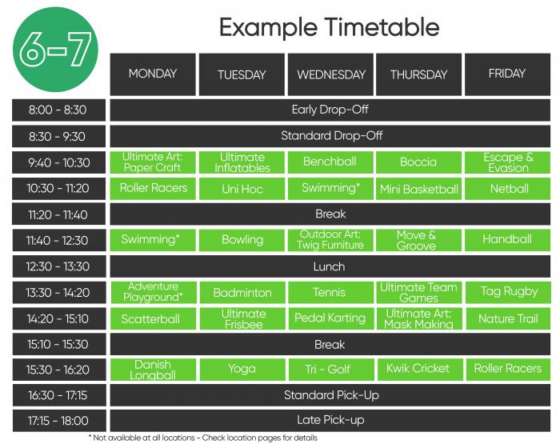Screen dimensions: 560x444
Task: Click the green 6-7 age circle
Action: click(55, 50)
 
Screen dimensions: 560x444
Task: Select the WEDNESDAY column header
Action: click(330, 74)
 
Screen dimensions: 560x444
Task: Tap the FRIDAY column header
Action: click(507, 74)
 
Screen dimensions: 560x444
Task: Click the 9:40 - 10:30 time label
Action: click(59, 162)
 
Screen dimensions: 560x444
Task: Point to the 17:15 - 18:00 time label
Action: click(59, 421)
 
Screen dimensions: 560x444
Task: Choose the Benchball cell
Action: click(330, 162)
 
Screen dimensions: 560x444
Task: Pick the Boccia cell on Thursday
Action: click(418, 162)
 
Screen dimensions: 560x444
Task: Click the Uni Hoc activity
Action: click(242, 189)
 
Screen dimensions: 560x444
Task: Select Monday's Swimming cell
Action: click(153, 240)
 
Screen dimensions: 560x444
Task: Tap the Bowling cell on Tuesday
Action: click(242, 240)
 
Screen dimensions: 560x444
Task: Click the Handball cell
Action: click(507, 240)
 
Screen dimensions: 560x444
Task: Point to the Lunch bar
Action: click(330, 266)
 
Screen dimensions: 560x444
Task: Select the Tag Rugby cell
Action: click(508, 293)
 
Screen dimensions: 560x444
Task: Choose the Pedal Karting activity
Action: click(330, 318)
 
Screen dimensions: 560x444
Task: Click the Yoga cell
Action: click(242, 370)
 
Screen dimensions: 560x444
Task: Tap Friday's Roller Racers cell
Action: click(508, 370)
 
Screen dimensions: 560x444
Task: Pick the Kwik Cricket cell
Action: click(419, 370)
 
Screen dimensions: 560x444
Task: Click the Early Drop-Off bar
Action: click(330, 110)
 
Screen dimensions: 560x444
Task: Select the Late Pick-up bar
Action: click(330, 421)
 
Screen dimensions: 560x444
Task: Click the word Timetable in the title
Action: click(382, 27)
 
